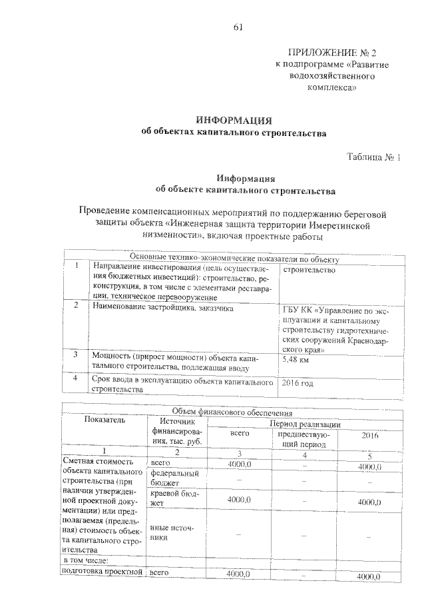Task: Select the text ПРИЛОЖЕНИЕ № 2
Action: pos(327,52)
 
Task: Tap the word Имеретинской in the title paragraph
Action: pos(349,225)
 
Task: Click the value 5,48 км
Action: pos(297,359)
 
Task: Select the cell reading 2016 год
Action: pos(298,383)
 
